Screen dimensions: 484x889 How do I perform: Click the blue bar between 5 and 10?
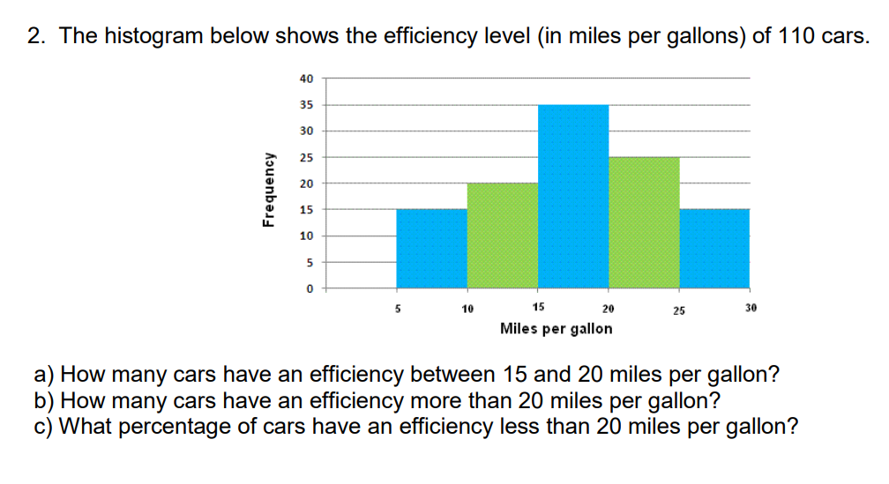pos(432,248)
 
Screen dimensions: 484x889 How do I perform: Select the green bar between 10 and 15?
pos(503,235)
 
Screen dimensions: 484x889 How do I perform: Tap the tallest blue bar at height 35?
pos(573,196)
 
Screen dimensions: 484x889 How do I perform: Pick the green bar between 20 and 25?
pos(644,222)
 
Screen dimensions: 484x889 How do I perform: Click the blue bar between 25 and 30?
pos(714,248)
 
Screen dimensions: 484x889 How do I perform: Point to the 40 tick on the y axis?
pos(306,78)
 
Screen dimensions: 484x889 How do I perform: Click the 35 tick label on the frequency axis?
pos(306,105)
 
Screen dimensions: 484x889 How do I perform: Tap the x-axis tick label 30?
pos(751,309)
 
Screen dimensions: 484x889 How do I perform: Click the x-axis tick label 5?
pos(397,309)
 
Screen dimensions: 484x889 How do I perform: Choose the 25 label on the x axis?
pos(679,309)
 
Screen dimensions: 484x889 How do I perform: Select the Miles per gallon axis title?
pos(556,329)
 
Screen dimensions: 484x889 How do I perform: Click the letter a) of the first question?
pos(44,374)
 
